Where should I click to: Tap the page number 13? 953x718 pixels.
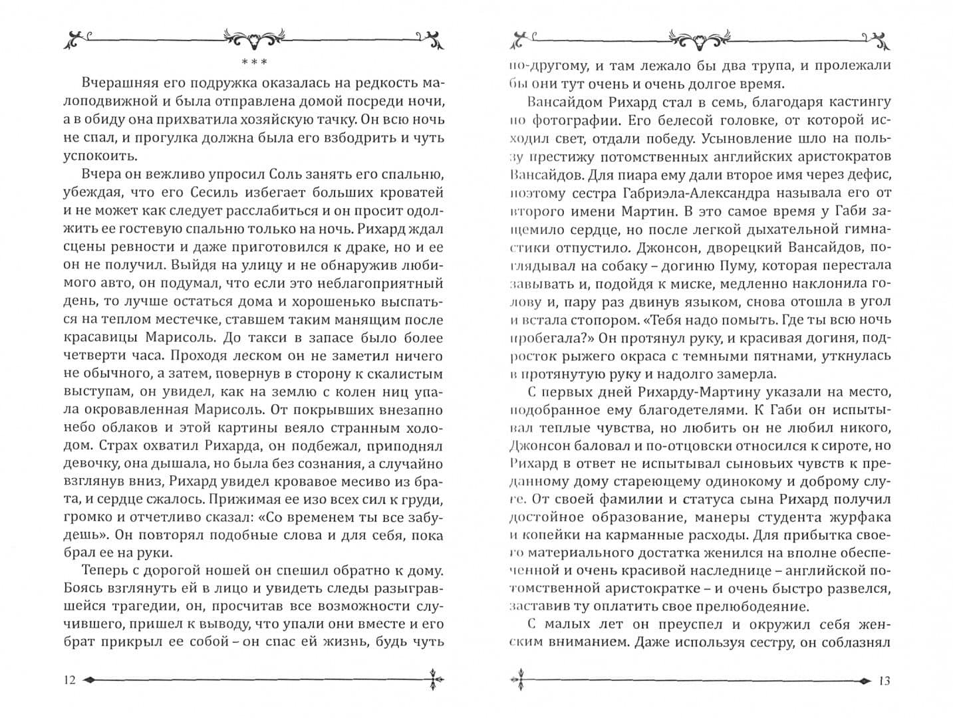[x=884, y=680]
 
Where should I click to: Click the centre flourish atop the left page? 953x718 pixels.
[x=254, y=40]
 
